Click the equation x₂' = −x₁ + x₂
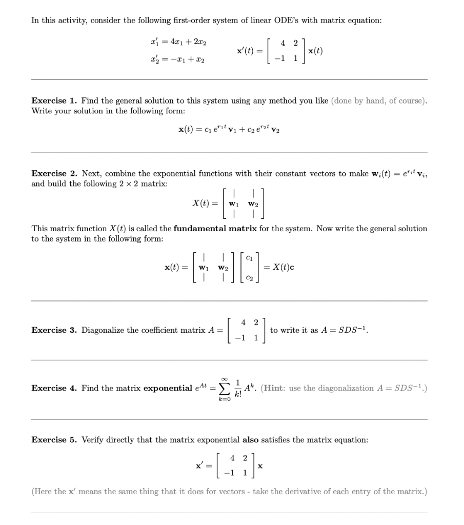click(174, 60)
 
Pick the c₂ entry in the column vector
click(249, 278)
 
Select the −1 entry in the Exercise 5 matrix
click(222, 471)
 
